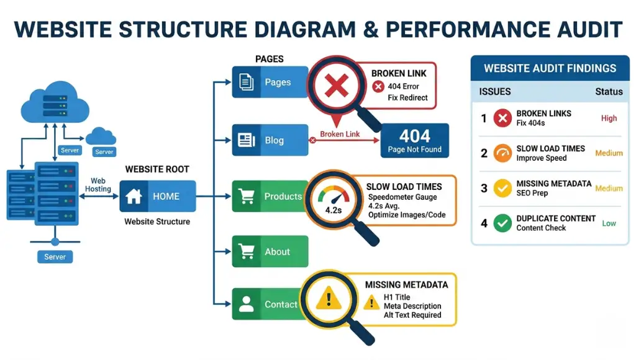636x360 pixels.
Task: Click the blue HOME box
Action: pos(158,197)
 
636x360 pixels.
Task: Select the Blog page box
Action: pos(270,140)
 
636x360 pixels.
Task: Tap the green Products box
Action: pos(270,197)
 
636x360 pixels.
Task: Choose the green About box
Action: pos(270,251)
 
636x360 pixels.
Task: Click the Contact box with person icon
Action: pos(270,304)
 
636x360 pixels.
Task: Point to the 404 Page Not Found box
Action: pos(414,141)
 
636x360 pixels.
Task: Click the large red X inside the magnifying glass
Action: pos(337,88)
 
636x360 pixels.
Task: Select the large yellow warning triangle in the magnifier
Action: pos(329,299)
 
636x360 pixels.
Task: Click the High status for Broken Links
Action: pos(609,118)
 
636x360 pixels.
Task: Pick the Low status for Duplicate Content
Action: pos(609,223)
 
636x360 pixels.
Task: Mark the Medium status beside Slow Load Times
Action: pos(609,153)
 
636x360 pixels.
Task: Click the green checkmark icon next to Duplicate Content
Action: pos(502,223)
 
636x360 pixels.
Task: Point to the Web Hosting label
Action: pos(98,185)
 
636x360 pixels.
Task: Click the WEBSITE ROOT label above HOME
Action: pos(157,169)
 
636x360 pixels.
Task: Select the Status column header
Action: pos(609,91)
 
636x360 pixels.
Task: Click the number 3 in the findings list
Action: pos(484,188)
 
